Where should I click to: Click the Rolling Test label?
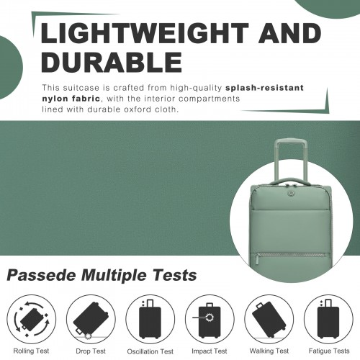coord(31,351)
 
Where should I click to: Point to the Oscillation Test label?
coord(150,351)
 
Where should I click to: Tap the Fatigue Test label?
coord(327,351)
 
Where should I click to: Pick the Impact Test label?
coord(209,351)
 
